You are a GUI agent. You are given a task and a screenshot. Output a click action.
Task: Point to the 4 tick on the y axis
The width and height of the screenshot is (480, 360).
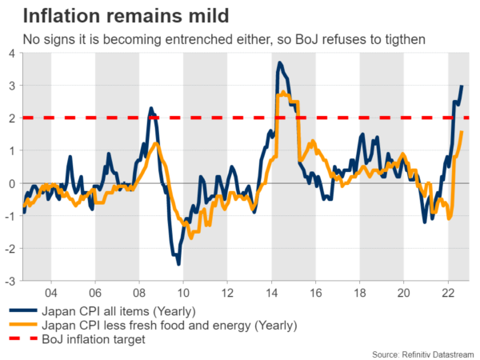[x=11, y=53]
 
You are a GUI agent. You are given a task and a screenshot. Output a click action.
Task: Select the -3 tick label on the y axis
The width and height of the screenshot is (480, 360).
[x=9, y=282]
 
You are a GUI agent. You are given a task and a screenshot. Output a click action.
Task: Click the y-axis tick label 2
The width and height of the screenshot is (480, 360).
[x=11, y=118]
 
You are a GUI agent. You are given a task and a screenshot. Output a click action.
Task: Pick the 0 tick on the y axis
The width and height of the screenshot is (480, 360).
[x=11, y=183]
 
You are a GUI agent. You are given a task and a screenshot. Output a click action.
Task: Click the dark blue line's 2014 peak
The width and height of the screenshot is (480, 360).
[x=279, y=62]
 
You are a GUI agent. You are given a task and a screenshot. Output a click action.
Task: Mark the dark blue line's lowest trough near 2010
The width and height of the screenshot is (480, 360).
[x=178, y=263]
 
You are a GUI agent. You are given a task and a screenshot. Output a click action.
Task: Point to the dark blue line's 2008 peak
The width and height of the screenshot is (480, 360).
[x=150, y=108]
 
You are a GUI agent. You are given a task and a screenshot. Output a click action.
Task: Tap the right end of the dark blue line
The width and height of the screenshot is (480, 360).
[x=462, y=86]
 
